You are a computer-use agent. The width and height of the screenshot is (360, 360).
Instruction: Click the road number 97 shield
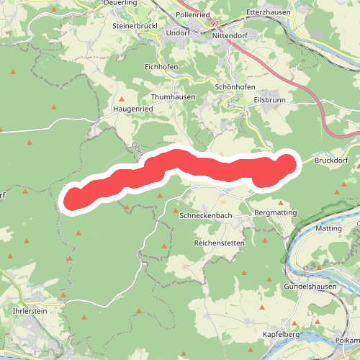[x=215, y=24]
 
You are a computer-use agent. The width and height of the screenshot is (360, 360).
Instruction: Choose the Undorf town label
[x=177, y=32]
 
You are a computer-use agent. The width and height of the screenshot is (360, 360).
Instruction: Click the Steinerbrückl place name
[x=135, y=26]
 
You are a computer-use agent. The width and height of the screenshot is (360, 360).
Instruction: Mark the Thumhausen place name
[x=174, y=96]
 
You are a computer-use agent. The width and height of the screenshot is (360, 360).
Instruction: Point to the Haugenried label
[x=134, y=109]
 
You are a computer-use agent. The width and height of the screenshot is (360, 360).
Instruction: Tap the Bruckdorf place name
[x=331, y=161]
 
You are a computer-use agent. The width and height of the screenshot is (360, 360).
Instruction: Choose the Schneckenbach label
[x=204, y=215]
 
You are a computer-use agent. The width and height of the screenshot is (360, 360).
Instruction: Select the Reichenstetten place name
[x=220, y=243]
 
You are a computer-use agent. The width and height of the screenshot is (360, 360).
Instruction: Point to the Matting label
[x=329, y=228]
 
